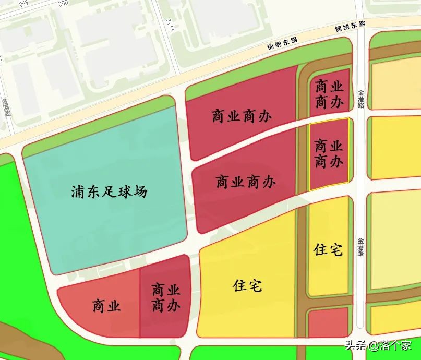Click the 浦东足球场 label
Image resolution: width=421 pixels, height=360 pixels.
coord(109,192)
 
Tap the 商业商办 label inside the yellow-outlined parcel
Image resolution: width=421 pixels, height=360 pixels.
coord(329,153)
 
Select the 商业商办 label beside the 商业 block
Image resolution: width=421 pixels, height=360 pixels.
coord(166,297)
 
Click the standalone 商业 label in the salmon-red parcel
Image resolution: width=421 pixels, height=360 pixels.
coord(106,306)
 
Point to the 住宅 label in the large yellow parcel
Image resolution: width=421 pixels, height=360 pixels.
coord(248,286)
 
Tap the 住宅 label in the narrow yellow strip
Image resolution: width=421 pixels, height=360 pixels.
coord(328,250)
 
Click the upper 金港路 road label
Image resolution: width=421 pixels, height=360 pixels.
coord(361,99)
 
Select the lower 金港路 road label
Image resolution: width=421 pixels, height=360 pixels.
coord(361,247)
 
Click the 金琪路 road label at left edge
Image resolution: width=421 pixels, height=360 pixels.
coord(7,107)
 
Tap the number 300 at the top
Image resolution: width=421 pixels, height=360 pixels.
coord(63,3)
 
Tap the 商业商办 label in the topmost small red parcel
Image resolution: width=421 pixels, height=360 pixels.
coord(329,94)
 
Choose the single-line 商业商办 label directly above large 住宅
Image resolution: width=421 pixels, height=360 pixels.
coord(246,182)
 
